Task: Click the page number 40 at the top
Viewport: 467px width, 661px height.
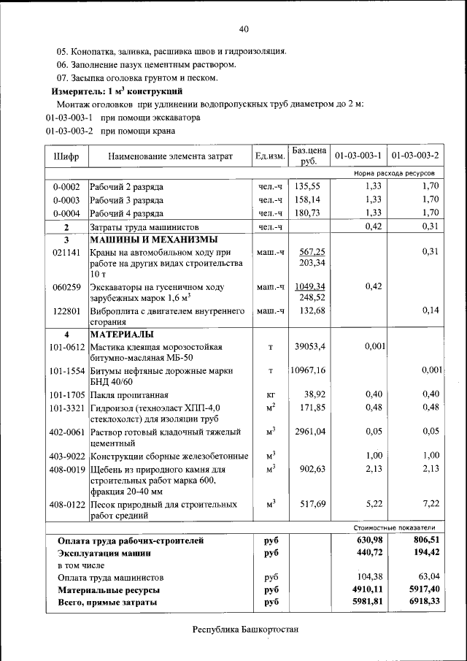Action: click(x=243, y=28)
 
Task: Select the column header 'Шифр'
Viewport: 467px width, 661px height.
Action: click(x=66, y=156)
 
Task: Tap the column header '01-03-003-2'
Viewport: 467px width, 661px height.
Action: click(x=414, y=156)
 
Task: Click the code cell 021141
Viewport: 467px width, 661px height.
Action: click(x=66, y=251)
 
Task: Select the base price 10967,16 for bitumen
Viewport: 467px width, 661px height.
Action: click(x=310, y=370)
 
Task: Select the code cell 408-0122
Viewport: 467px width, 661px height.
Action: click(x=66, y=504)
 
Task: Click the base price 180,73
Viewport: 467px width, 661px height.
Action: click(x=309, y=213)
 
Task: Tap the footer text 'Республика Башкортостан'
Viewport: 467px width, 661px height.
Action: click(x=245, y=629)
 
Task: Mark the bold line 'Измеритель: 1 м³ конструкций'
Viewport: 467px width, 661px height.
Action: click(x=116, y=91)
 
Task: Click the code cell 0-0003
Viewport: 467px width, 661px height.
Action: click(x=66, y=199)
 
